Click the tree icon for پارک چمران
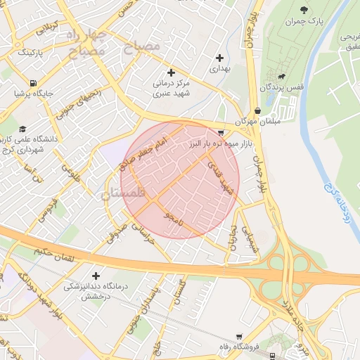(x=304, y=10)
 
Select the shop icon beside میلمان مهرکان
(x=258, y=111)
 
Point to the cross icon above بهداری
(x=220, y=58)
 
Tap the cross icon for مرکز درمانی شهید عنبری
(x=171, y=72)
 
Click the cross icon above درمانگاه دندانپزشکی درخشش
(x=96, y=275)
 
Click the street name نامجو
(x=173, y=217)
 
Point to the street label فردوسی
(x=46, y=208)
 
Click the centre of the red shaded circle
(x=181, y=179)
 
